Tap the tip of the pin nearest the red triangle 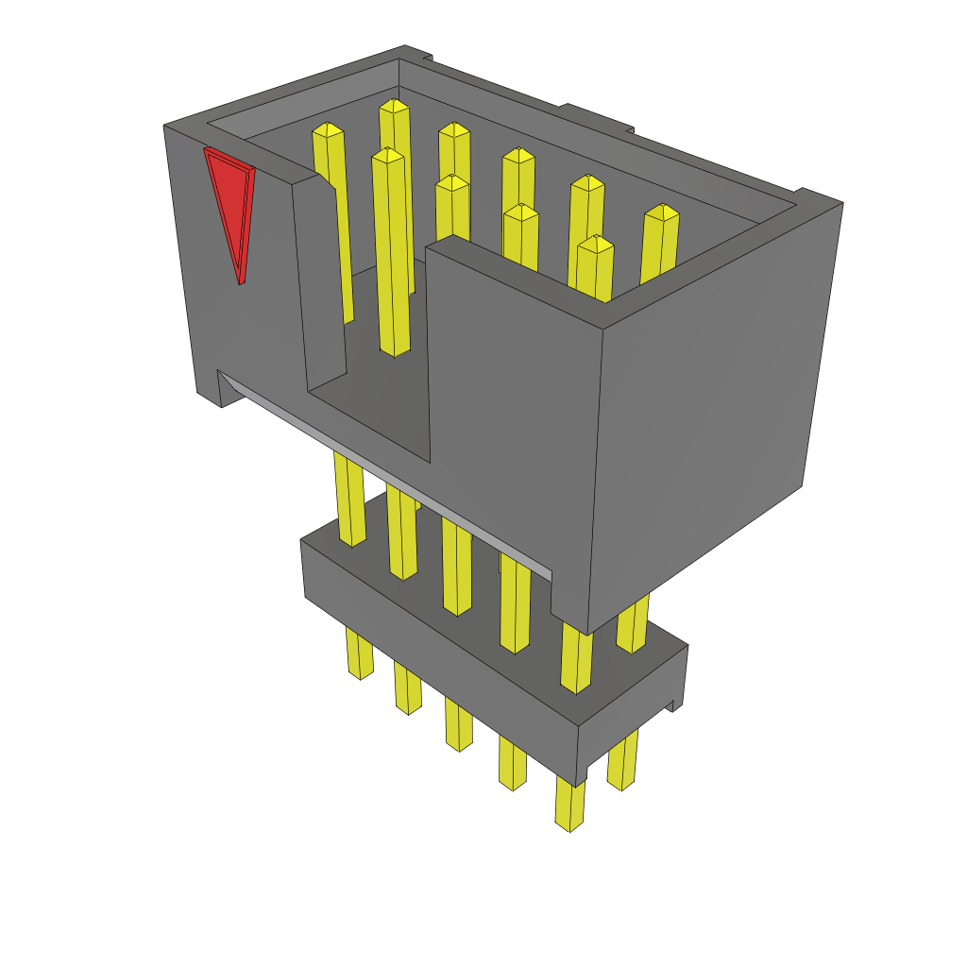click(327, 130)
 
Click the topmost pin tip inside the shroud click(394, 106)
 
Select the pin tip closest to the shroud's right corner click(662, 212)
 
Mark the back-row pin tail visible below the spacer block click(621, 765)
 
